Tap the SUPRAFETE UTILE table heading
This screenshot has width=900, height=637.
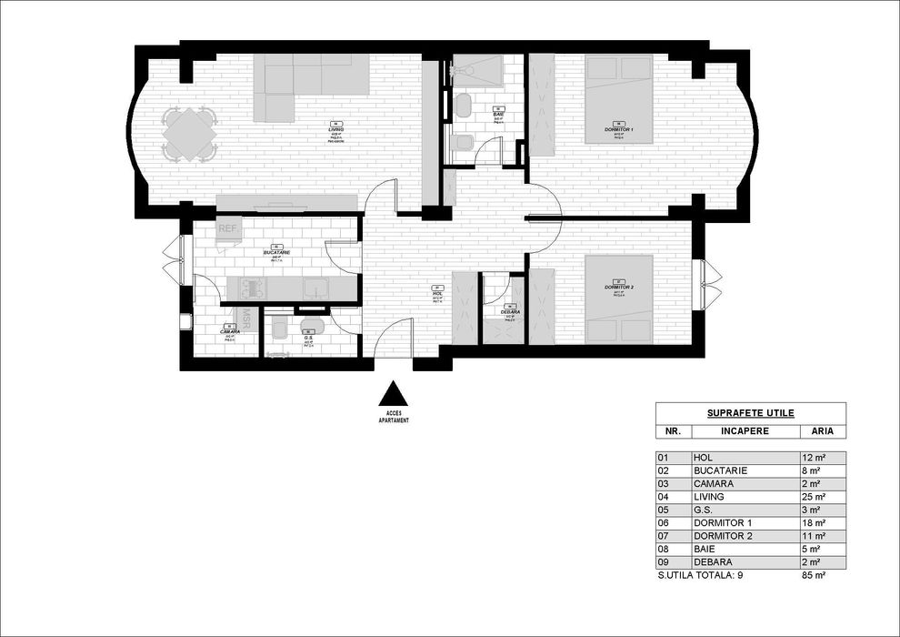click(x=750, y=412)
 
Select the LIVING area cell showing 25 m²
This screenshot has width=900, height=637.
click(x=814, y=497)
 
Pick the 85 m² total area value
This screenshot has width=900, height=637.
click(x=814, y=576)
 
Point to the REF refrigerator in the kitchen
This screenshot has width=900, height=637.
click(x=227, y=229)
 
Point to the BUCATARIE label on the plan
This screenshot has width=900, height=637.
click(x=276, y=251)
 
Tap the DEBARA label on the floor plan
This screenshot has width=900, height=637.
click(x=510, y=312)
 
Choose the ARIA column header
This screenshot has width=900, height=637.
click(x=822, y=430)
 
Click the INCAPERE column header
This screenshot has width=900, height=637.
click(x=744, y=430)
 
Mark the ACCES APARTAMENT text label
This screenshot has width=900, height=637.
click(x=394, y=417)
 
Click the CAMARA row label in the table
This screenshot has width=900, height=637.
click(x=713, y=484)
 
